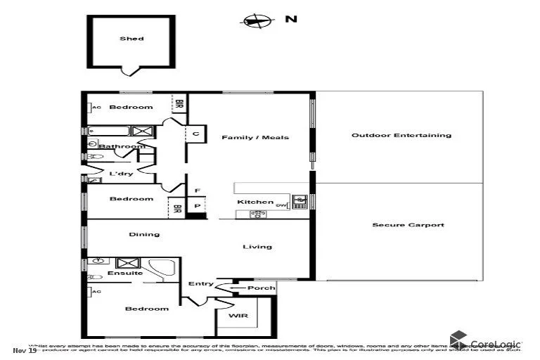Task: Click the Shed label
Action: [x=131, y=39]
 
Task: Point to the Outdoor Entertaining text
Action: [x=401, y=135]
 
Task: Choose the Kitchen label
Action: [x=250, y=202]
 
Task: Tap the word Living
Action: [x=257, y=246]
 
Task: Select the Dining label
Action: [x=143, y=234]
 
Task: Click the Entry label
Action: [x=200, y=284]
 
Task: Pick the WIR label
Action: [x=240, y=316]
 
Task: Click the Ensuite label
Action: [x=124, y=273]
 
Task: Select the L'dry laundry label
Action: [x=119, y=173]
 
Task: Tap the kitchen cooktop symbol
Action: [x=259, y=214]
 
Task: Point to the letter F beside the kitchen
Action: [x=197, y=191]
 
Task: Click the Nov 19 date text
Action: [x=25, y=349]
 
